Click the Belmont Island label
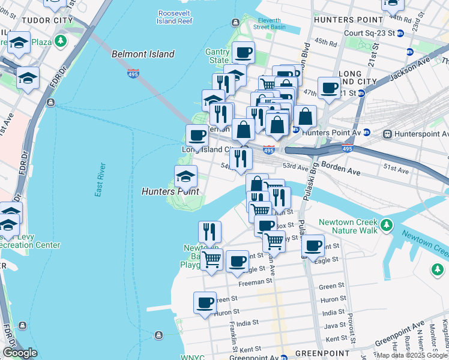tap(143, 54)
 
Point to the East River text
tap(100, 179)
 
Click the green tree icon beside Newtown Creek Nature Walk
tap(386, 226)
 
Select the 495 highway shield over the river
tap(133, 74)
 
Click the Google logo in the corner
tap(20, 353)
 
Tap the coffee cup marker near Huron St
tap(205, 302)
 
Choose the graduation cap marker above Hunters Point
tap(185, 176)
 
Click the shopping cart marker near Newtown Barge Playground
tap(211, 260)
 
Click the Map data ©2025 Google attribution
tap(412, 355)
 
